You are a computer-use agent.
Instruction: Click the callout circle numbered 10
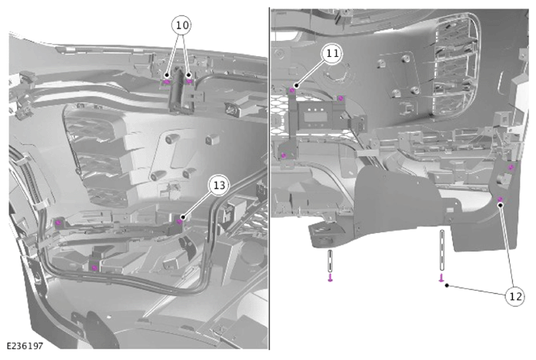tap(181, 25)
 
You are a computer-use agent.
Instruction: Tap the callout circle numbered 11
tap(332, 54)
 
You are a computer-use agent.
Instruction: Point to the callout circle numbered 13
tap(219, 185)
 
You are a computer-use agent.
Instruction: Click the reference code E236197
tap(25, 346)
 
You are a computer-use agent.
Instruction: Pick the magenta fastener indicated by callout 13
tap(179, 222)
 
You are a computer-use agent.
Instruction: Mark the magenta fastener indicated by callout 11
tap(292, 91)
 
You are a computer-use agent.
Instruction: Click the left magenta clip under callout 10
tap(166, 82)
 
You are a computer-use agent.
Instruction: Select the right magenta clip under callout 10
tap(188, 82)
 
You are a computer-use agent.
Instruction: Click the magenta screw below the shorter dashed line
tap(330, 277)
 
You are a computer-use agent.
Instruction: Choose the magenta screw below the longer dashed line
tap(441, 278)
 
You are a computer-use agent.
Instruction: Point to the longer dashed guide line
tap(442, 251)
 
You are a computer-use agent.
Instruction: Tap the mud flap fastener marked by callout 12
tap(500, 199)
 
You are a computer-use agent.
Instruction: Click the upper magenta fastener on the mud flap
tap(511, 167)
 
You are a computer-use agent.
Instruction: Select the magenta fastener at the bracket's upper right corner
tap(341, 98)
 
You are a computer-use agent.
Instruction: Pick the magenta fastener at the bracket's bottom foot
tap(284, 156)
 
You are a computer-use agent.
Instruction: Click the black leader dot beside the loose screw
tap(447, 285)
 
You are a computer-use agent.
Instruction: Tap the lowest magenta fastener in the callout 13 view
tap(95, 268)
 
